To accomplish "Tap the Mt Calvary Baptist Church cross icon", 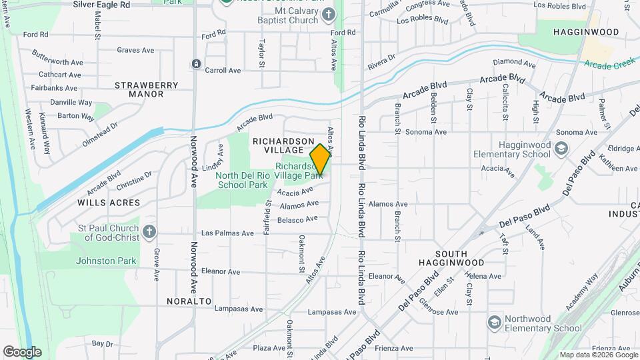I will point(328,14).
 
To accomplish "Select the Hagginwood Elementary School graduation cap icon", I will point(561,148).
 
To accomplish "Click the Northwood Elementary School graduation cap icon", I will point(494,323).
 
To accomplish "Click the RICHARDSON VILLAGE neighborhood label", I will point(283,146).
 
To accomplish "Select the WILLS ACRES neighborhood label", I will point(109,202).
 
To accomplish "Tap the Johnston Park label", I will point(106,261).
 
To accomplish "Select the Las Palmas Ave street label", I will point(227,233).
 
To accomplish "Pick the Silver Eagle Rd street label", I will point(101,4).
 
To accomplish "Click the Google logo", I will point(22,352).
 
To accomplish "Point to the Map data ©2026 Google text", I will point(597,355).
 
